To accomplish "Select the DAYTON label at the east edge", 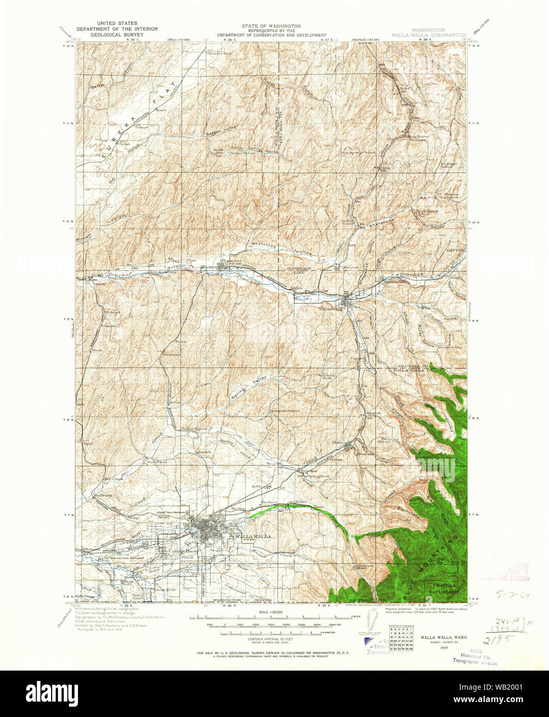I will tap(457, 249).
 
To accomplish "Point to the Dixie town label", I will tap(338, 442).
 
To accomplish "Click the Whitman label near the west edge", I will tap(91, 550).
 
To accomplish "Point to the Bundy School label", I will tap(449, 348).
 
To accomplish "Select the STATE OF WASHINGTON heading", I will tap(271, 26).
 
